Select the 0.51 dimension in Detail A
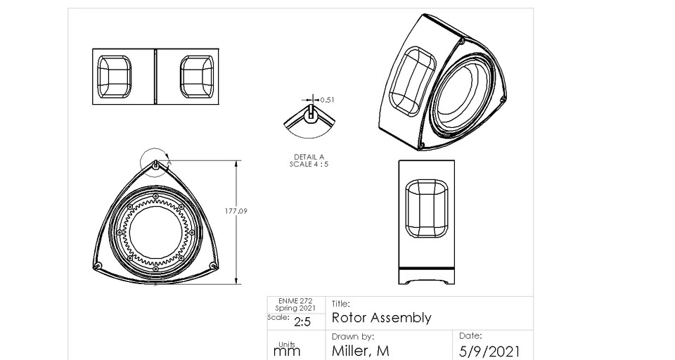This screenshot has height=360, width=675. click(327, 100)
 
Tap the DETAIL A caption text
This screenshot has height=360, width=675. click(309, 157)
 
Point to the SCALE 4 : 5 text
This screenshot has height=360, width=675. click(309, 164)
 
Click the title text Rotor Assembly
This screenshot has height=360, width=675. click(380, 318)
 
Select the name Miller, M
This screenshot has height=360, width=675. click(360, 351)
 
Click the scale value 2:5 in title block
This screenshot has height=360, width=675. click(302, 322)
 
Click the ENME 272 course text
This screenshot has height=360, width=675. click(290, 301)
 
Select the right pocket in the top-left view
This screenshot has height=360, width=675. click(197, 76)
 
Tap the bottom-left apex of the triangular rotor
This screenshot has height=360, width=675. click(98, 264)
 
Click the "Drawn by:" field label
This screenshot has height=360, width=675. click(352, 337)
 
